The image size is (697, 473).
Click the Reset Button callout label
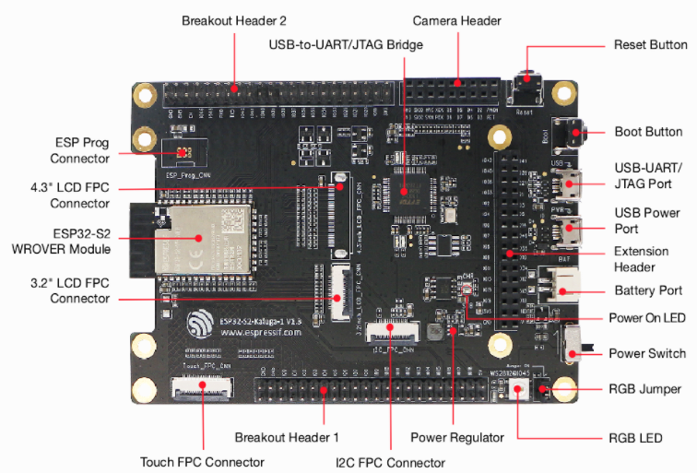650,44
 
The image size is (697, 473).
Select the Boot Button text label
648,132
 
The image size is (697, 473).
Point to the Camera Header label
456,20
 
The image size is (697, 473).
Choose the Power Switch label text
647,353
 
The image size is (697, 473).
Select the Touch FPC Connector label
202,462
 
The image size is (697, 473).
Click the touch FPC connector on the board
202,388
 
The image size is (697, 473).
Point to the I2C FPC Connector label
390,462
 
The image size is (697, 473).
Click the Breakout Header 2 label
234,20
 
